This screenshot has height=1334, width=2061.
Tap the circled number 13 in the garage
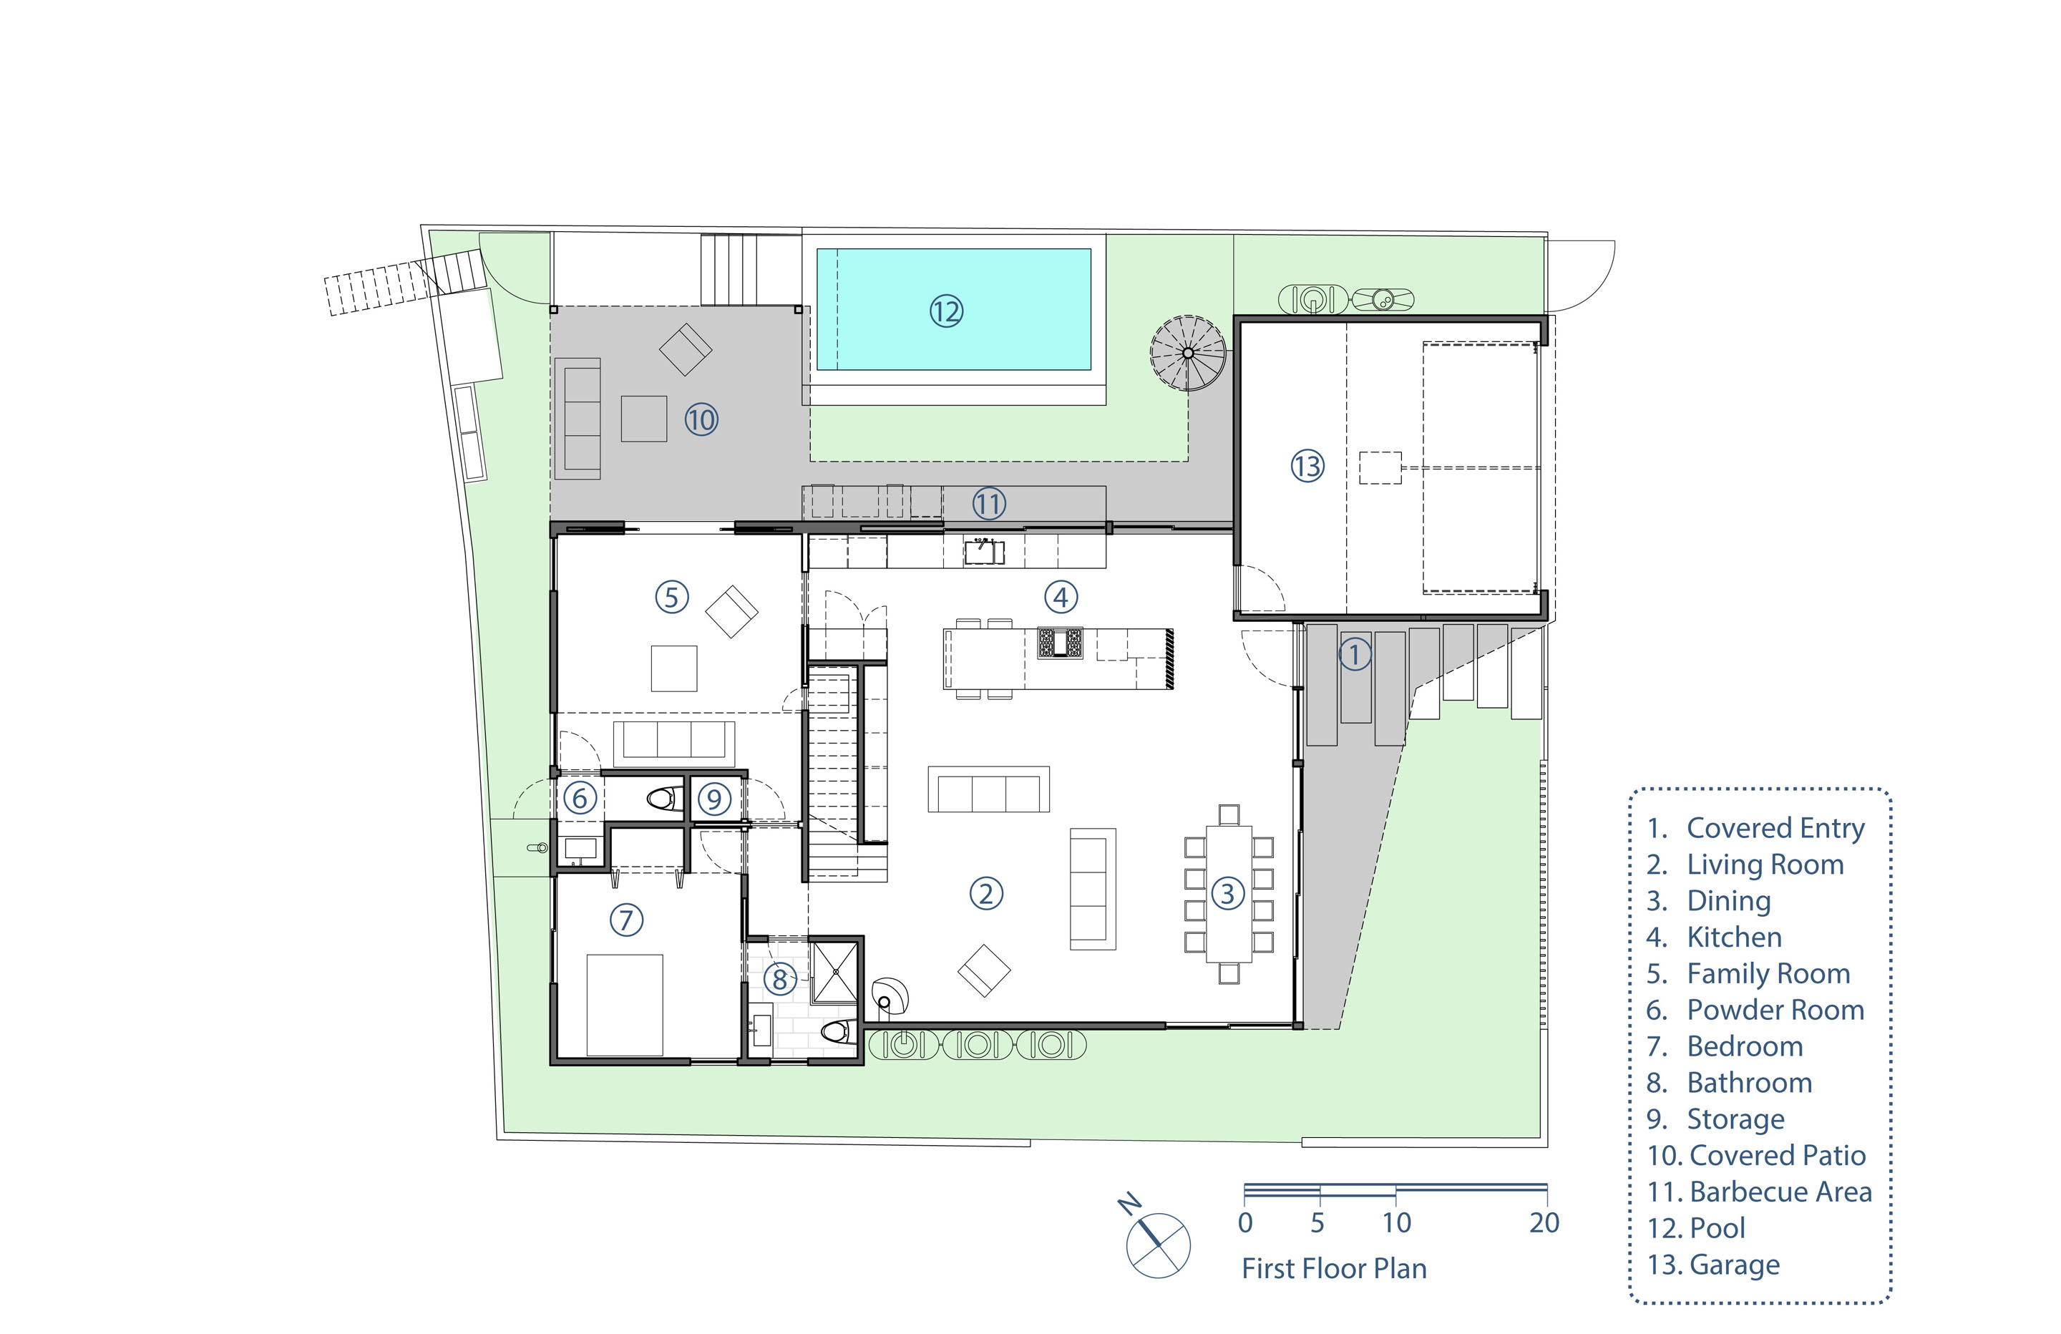click(1307, 466)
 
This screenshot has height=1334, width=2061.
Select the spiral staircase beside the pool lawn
click(1187, 353)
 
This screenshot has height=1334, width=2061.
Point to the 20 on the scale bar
click(1544, 1222)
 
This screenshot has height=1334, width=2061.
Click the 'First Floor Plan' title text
click(1334, 1268)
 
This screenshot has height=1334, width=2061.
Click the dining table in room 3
click(1229, 894)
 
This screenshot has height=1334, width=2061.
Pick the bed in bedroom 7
click(624, 1005)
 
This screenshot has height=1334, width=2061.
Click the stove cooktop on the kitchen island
click(1060, 643)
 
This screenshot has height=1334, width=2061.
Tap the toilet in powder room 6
click(665, 798)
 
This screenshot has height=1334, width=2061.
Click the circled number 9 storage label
click(714, 799)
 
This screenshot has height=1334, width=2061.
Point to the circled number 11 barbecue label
click(988, 503)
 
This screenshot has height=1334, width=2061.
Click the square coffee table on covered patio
click(643, 419)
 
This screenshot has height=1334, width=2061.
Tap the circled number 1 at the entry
click(1355, 654)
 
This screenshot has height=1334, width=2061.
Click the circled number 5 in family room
click(671, 597)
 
